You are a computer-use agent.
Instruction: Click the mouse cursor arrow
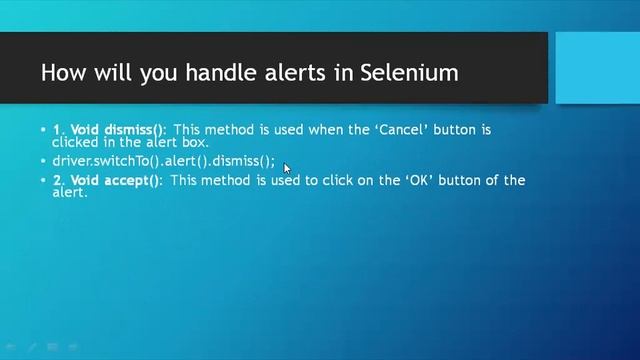point(287,168)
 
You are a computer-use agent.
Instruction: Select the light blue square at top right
point(597,68)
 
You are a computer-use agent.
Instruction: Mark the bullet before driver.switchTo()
point(43,160)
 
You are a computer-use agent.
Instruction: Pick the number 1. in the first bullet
point(59,130)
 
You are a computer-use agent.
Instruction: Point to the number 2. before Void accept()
point(59,180)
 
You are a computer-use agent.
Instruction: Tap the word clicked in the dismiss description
point(76,142)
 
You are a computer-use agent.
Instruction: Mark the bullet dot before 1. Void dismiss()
point(43,130)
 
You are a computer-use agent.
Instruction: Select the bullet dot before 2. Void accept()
point(43,180)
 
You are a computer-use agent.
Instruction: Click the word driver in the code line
point(71,160)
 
